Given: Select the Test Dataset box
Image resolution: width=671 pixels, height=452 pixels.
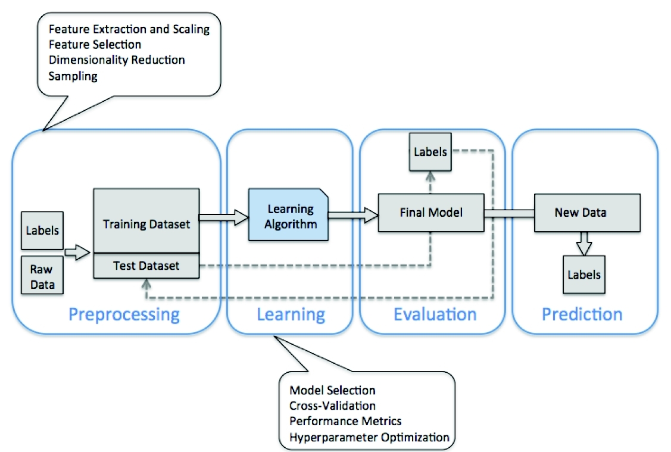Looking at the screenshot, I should pyautogui.click(x=146, y=266).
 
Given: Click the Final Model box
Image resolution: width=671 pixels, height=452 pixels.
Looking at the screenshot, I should pyautogui.click(x=430, y=211).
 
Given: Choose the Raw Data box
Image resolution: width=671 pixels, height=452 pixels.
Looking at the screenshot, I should pyautogui.click(x=42, y=276).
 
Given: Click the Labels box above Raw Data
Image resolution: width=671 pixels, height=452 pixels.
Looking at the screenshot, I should pyautogui.click(x=42, y=229).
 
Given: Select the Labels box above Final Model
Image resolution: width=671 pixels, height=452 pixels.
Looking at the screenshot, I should pyautogui.click(x=430, y=151).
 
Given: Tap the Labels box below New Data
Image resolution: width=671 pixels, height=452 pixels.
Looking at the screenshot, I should pyautogui.click(x=584, y=275).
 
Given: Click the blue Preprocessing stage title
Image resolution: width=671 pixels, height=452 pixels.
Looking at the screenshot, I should pyautogui.click(x=124, y=314).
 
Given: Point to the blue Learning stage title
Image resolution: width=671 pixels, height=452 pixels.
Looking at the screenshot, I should pyautogui.click(x=291, y=314).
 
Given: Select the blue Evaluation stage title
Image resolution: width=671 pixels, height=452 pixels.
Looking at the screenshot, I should pyautogui.click(x=435, y=314).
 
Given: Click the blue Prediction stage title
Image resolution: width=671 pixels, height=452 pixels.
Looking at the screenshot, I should pyautogui.click(x=582, y=314).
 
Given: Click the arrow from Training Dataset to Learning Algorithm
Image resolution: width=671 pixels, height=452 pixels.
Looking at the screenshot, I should pyautogui.click(x=223, y=219).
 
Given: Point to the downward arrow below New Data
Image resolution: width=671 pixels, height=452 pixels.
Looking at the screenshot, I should pyautogui.click(x=584, y=243).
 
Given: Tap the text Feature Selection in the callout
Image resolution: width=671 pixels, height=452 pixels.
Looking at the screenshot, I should pyautogui.click(x=95, y=45).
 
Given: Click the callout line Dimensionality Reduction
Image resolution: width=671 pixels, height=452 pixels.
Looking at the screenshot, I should pyautogui.click(x=117, y=60).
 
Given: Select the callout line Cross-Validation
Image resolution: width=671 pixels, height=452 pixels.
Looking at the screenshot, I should pyautogui.click(x=332, y=406).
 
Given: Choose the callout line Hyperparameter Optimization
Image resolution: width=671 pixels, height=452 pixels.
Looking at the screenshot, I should pyautogui.click(x=369, y=437).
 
